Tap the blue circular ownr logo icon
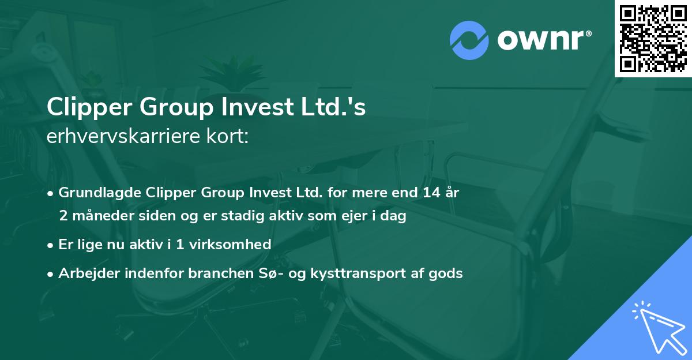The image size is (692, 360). click(469, 40)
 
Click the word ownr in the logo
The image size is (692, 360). click(543, 40)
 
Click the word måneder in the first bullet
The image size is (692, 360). click(97, 216)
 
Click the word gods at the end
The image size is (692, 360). click(446, 273)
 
